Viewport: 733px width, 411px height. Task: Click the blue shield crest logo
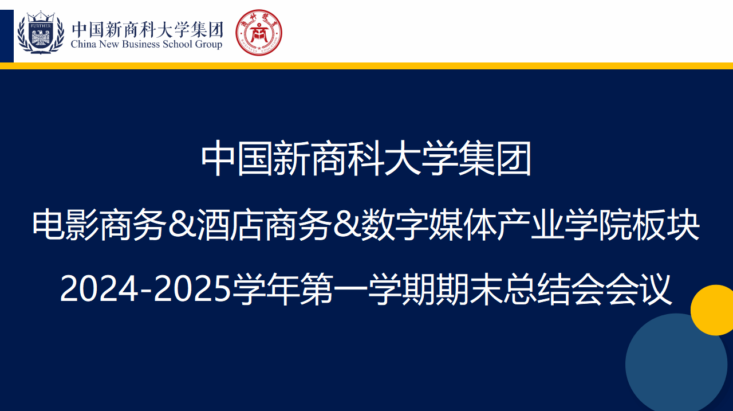[41, 33]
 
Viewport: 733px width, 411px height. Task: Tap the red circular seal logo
[258, 33]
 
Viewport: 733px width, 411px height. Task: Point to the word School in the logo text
[178, 44]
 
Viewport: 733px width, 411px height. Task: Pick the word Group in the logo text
[208, 45]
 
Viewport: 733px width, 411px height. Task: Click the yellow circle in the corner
[713, 310]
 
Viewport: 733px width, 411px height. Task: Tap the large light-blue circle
[676, 363]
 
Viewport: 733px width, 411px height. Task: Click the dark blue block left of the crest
[6, 36]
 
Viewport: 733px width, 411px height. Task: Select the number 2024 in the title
[99, 289]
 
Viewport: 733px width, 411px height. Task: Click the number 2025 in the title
[193, 289]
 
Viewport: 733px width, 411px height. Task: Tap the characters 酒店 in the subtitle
[230, 225]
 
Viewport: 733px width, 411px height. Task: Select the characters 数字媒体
[429, 225]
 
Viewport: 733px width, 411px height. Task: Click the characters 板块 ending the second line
[666, 225]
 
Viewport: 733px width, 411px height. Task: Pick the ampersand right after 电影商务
[182, 225]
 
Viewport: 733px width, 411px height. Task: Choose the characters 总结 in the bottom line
[537, 289]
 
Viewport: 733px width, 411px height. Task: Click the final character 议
[655, 289]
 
